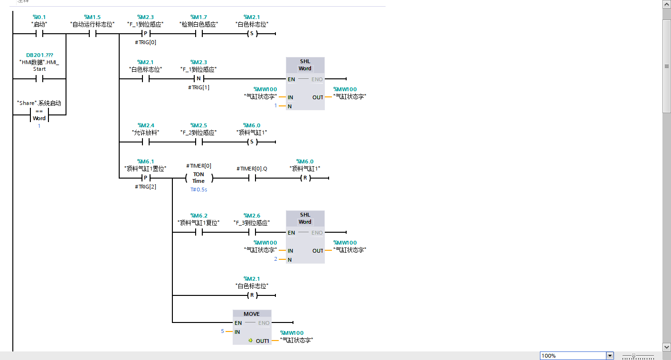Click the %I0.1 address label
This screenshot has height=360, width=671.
(x=39, y=17)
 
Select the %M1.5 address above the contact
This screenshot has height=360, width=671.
(x=92, y=17)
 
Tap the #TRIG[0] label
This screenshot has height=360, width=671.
(x=146, y=42)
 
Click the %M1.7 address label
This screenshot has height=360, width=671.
(x=198, y=17)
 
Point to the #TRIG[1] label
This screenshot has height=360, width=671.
(x=198, y=87)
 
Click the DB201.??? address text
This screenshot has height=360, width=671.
(x=39, y=55)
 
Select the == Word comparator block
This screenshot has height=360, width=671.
(x=39, y=115)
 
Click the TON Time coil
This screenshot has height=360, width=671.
(x=198, y=178)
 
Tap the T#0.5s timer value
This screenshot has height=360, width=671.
(x=198, y=189)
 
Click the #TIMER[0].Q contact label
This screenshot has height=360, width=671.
(x=252, y=169)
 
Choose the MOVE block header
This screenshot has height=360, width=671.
(x=252, y=314)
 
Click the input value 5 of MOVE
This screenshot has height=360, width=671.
(x=222, y=331)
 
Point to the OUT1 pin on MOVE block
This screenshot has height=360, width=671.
(x=262, y=341)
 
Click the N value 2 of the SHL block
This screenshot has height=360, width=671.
(x=275, y=259)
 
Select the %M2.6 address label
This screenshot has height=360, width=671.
(x=252, y=215)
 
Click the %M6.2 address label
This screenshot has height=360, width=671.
(x=198, y=215)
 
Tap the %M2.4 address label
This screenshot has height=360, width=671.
(x=146, y=125)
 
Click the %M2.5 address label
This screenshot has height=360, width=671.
(x=198, y=125)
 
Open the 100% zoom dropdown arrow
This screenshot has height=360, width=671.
(x=610, y=356)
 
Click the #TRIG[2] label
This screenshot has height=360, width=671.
(x=146, y=187)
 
